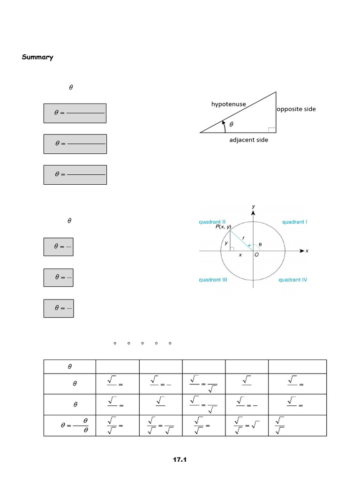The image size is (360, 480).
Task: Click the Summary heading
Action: coord(37,57)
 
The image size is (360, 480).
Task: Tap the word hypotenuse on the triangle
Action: coord(228,104)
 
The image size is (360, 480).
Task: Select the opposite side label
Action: coord(296,109)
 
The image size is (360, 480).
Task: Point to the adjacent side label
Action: coord(248,140)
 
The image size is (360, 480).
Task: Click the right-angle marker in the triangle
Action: coord(271,129)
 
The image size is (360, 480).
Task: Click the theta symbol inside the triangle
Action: coord(231,125)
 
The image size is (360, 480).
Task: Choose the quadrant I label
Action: coord(294,222)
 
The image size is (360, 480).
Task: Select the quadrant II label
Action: coord(212,222)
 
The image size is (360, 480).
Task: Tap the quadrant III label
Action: coord(213,280)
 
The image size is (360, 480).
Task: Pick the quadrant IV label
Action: coord(293,280)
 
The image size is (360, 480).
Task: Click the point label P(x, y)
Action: coord(223,227)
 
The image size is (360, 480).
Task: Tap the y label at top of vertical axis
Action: coord(253,206)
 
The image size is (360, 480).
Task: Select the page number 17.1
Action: coord(180,460)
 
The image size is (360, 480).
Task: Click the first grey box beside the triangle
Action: coord(75,113)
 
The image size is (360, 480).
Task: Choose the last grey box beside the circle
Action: coord(59,308)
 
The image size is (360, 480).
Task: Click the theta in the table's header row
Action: coord(69,367)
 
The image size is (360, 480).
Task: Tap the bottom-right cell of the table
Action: coord(297,426)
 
